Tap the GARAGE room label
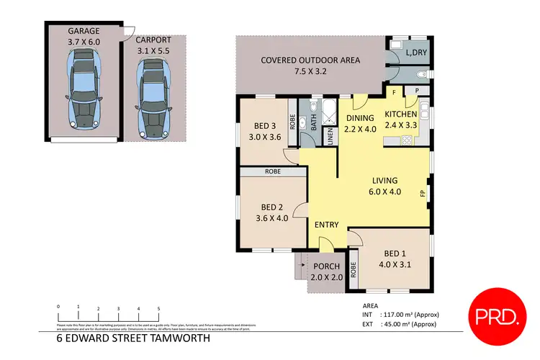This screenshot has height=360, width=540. pos(84,32)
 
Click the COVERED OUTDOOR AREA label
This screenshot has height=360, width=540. pos(311,60)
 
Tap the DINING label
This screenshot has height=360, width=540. pos(360,118)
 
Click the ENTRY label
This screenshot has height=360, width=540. pos(327,225)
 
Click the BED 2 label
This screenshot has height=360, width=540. pos(272,209)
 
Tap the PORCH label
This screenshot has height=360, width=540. pos(325,266)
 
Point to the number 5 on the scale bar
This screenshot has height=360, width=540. pos(158,307)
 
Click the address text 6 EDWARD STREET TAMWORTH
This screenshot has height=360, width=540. pos(133,337)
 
